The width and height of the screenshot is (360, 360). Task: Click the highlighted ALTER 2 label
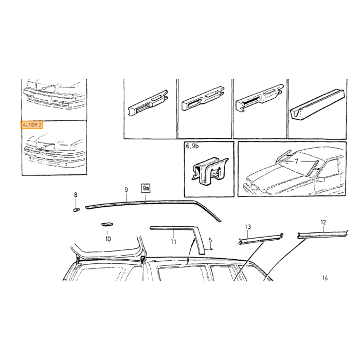[x=32, y=125]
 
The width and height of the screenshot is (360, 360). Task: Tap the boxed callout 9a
[x=146, y=189]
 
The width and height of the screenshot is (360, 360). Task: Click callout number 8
[x=76, y=195]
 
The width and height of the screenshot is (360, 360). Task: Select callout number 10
[x=108, y=239]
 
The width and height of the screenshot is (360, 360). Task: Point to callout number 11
[x=173, y=242]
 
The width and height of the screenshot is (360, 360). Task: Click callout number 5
[x=210, y=240]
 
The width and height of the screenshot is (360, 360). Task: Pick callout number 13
[x=248, y=227]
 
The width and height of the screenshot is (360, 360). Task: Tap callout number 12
[x=323, y=222]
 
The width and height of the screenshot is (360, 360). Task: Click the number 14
[x=325, y=278]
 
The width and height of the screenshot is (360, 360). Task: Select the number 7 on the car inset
[x=296, y=161]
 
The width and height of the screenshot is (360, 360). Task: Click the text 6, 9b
[x=192, y=146]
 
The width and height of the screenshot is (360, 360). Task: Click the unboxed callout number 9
[x=127, y=190]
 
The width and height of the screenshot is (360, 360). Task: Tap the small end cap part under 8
[x=76, y=209]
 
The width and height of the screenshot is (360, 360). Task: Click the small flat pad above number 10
[x=107, y=224]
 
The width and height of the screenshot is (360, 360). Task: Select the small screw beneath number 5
[x=211, y=249]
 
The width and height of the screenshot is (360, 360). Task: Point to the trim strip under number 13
[x=261, y=239]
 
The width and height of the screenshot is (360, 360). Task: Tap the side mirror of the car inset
[x=320, y=179]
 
